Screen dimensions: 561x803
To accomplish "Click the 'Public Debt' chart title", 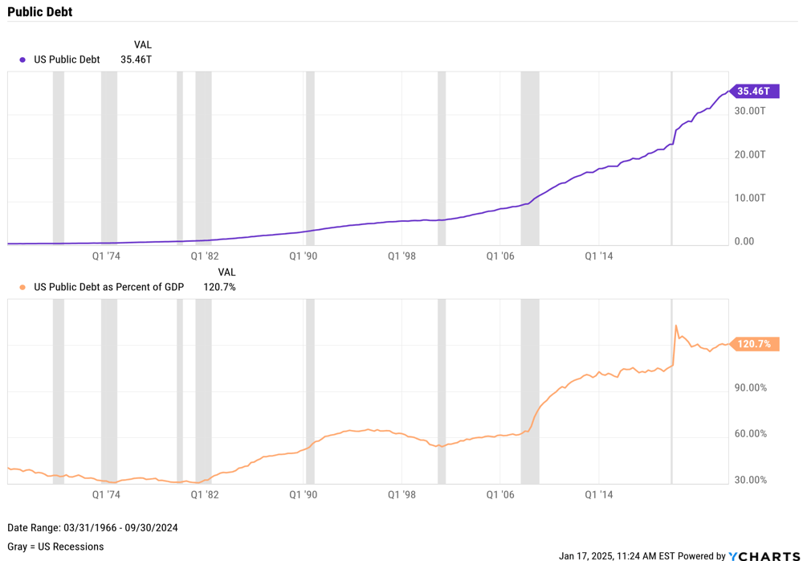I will (x=39, y=11).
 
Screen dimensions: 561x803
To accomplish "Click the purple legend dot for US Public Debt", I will (x=22, y=60).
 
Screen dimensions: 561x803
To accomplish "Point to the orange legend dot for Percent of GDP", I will (x=22, y=288).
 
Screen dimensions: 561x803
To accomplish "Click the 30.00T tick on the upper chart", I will (x=751, y=111).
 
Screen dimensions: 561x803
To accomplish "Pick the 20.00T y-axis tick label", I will (x=751, y=154).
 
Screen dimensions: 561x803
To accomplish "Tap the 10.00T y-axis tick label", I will (x=751, y=198).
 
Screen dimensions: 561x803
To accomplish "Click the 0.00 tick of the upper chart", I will (x=744, y=241).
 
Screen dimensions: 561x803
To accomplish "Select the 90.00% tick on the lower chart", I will (x=751, y=388).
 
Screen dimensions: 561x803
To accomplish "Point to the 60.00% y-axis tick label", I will (x=751, y=434).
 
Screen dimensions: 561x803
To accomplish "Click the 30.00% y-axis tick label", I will (x=751, y=481).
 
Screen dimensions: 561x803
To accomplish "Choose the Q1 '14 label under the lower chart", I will (x=598, y=495).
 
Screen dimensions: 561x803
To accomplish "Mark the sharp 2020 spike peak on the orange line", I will (x=676, y=326).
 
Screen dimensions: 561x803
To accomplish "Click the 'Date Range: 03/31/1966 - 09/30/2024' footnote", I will (x=92, y=528).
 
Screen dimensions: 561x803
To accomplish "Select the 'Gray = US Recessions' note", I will (x=55, y=547).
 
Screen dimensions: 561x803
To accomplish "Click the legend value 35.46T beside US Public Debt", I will (x=136, y=59).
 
